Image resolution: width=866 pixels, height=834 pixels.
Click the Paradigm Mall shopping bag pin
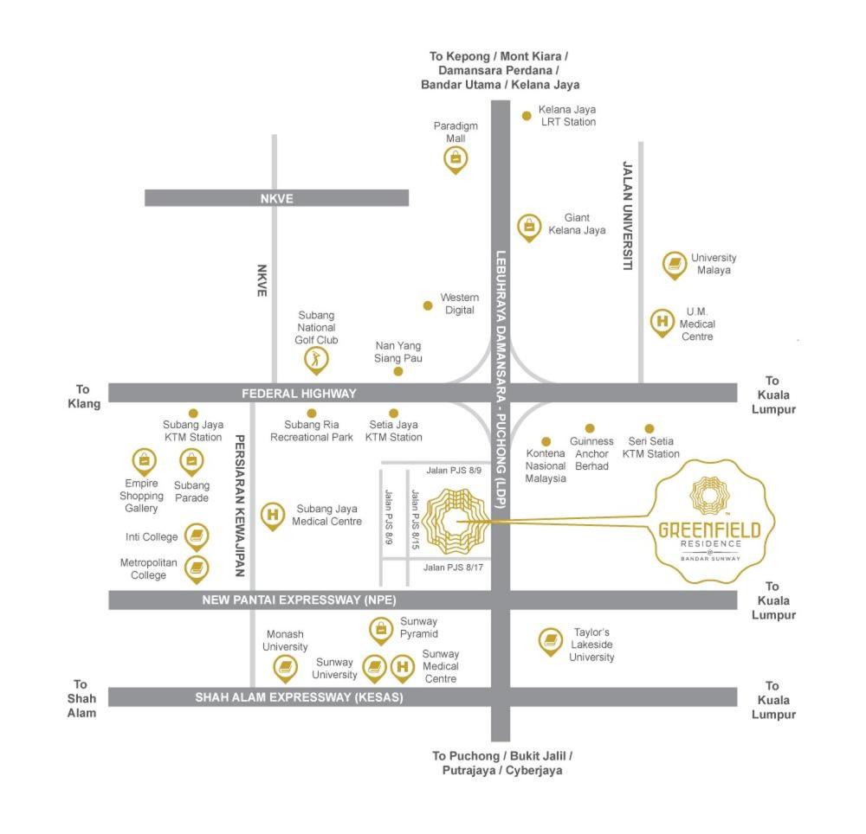coord(456,160)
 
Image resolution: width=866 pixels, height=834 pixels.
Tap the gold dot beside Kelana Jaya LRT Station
coord(527,116)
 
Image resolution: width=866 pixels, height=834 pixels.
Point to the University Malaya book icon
coord(675,265)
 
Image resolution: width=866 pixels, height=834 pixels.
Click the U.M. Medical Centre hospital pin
coord(662,322)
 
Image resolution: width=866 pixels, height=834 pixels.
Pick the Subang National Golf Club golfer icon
coord(316,360)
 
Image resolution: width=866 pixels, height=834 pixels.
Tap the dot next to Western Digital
coord(428,305)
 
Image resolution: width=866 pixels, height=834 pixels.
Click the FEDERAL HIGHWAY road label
coord(299,394)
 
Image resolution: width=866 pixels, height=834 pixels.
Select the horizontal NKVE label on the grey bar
coord(277,199)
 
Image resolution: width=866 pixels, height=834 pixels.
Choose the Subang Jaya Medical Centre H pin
coord(273,516)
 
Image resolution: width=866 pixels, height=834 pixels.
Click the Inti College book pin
coord(197,536)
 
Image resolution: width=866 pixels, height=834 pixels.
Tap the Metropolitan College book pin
coord(197,568)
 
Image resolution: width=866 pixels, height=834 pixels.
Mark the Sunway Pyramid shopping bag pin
coord(381,631)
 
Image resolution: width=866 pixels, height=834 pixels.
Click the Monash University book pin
coord(286,669)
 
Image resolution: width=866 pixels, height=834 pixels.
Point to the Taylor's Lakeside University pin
coord(551,641)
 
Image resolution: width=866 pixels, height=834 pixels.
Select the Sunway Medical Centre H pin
coord(404,668)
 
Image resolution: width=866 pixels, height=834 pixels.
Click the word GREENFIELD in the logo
coord(710,530)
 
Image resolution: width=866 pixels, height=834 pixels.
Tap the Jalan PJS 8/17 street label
coord(454,567)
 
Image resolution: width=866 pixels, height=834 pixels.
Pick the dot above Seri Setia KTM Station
coord(649,428)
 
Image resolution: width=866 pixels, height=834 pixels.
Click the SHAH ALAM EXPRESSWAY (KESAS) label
coord(299,697)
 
